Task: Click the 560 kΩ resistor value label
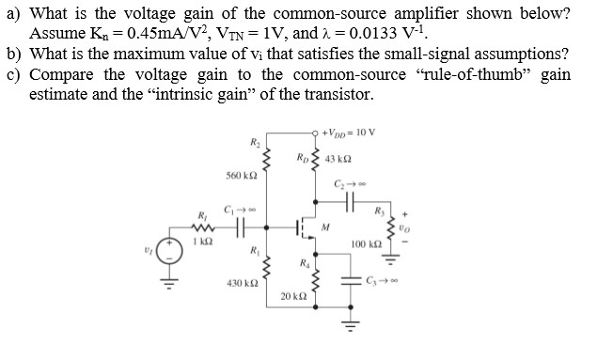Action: (x=244, y=176)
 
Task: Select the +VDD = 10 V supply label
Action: (x=348, y=130)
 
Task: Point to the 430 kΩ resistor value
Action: (x=244, y=283)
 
